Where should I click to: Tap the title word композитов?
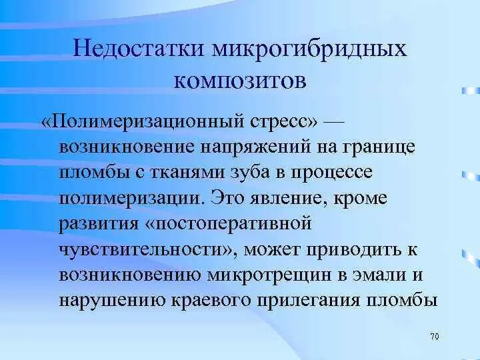tap(240, 80)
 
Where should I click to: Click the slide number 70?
tap(435, 337)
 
